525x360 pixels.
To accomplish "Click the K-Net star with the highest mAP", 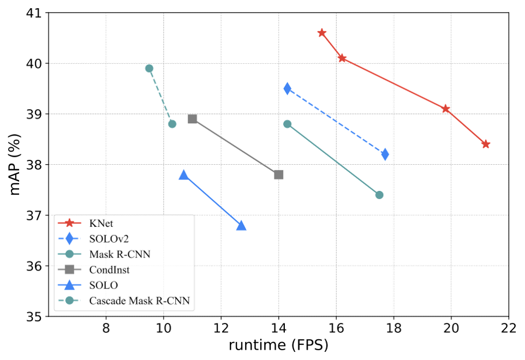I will point(321,33).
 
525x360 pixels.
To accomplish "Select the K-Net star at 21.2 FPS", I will point(486,145).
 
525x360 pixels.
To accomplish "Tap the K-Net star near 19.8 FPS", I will point(446,109).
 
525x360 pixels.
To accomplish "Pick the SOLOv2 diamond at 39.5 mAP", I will point(288,88).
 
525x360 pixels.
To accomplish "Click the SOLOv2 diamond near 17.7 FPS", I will point(385,154).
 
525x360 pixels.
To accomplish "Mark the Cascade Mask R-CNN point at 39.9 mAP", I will point(149,68).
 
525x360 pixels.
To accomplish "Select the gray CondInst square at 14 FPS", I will point(279,175).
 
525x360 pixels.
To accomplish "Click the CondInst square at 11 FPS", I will point(192,119).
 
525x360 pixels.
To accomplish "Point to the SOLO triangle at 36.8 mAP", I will point(241,225).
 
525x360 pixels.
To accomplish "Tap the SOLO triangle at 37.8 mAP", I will point(184,175).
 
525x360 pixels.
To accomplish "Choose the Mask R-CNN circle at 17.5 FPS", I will point(380,195).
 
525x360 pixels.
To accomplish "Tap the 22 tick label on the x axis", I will point(509,329).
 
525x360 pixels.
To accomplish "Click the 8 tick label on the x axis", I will point(106,329).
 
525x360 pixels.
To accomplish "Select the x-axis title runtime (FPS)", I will point(279,345).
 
